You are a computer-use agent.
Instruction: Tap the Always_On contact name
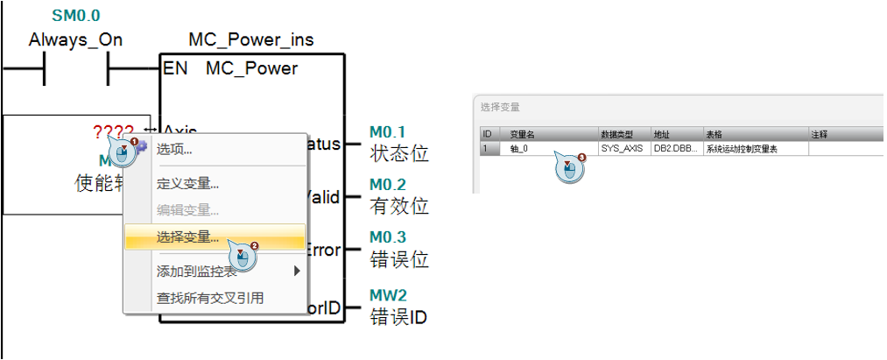tap(75, 40)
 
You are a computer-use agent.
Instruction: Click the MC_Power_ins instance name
tap(250, 40)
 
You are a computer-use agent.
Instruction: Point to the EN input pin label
tap(175, 68)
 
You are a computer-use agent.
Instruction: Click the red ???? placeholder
tap(113, 132)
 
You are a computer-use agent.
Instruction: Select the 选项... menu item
tap(174, 150)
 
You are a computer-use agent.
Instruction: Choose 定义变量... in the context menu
tap(187, 184)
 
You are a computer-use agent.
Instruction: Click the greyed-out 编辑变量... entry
tap(187, 210)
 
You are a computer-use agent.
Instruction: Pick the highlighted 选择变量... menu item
tap(187, 236)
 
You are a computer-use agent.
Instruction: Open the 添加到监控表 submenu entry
tap(196, 271)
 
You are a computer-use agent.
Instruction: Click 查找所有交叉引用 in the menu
tap(209, 298)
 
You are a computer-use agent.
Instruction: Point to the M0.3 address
tap(387, 237)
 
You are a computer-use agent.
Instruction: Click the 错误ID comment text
tap(398, 316)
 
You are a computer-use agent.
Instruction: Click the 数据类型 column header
tap(616, 135)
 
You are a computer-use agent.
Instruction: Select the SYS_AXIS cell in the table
tap(622, 149)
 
